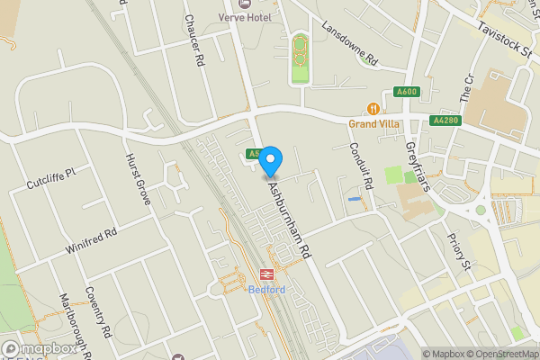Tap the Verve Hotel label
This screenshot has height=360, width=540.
pyautogui.click(x=247, y=17)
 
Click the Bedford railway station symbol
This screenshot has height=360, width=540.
pyautogui.click(x=266, y=274)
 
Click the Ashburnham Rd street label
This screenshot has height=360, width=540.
pyautogui.click(x=293, y=219)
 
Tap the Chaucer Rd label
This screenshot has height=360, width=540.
pyautogui.click(x=191, y=40)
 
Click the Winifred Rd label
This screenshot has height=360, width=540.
pyautogui.click(x=92, y=239)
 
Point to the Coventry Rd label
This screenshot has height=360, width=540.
pyautogui.click(x=97, y=311)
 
